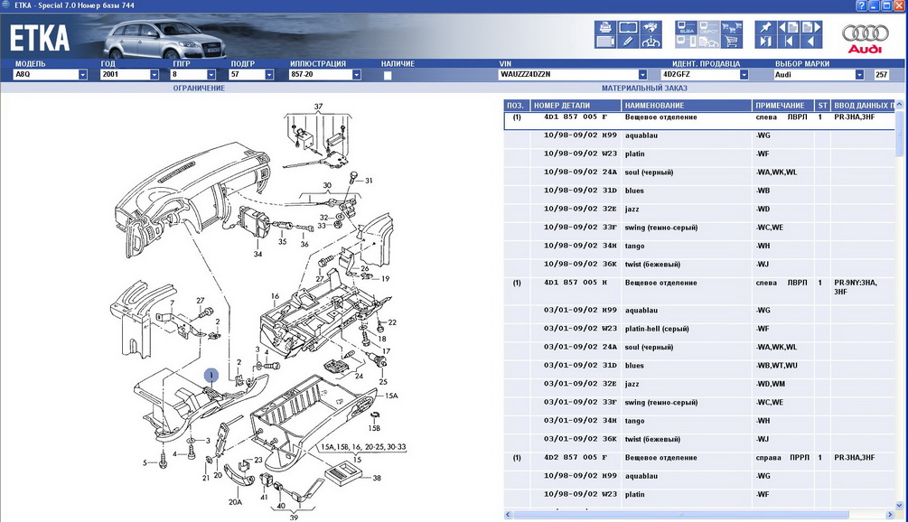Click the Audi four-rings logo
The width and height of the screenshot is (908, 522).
(x=866, y=33)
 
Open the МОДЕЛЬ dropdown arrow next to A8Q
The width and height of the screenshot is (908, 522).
(x=83, y=75)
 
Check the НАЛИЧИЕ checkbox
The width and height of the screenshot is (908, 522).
(x=388, y=75)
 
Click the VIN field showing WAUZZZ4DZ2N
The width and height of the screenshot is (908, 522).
(x=568, y=75)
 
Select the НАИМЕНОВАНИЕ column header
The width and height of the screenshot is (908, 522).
(x=654, y=106)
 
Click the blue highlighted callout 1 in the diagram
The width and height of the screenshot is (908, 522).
(x=211, y=376)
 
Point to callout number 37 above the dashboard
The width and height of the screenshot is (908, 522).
(x=318, y=107)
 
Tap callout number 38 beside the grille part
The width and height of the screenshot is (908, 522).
(x=377, y=478)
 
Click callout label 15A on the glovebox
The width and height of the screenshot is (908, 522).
(x=391, y=396)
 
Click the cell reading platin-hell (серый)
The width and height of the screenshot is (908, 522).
(x=657, y=329)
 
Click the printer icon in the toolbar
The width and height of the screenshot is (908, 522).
(x=605, y=27)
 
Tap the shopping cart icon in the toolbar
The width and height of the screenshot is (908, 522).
(x=732, y=41)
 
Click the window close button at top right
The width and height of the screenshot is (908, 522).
(x=899, y=5)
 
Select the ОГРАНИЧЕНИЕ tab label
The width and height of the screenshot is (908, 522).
(x=199, y=88)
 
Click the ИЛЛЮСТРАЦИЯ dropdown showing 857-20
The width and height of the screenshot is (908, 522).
(x=324, y=75)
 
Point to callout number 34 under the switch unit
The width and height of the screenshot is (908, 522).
(x=257, y=254)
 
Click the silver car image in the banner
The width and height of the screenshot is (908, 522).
(x=164, y=39)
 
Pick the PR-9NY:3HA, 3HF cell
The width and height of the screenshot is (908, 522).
(x=856, y=287)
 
